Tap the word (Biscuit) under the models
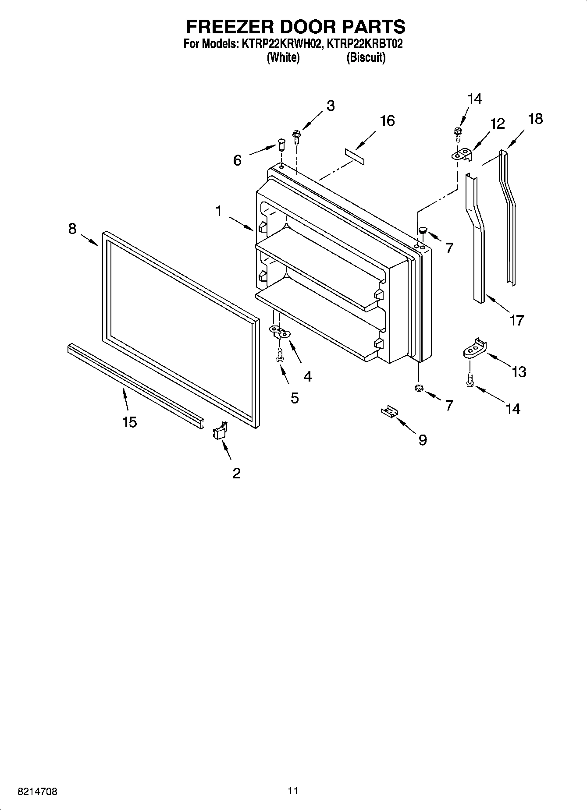click(366, 57)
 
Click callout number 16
click(387, 120)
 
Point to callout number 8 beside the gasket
click(72, 228)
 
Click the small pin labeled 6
click(281, 144)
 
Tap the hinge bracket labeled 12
click(462, 154)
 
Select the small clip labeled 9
click(389, 412)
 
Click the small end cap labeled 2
click(219, 432)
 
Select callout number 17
click(516, 320)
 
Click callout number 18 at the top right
click(535, 119)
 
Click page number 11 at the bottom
click(293, 791)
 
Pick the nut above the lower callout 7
click(418, 388)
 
